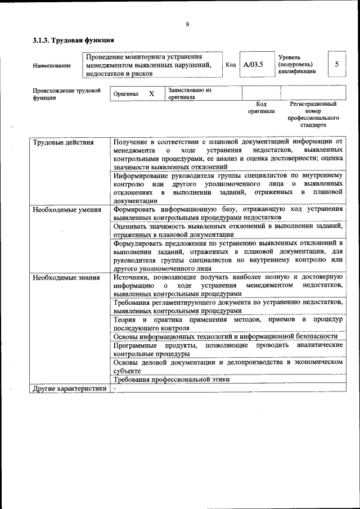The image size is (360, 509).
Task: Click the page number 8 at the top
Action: click(x=187, y=24)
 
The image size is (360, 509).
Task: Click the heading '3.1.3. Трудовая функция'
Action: click(x=73, y=40)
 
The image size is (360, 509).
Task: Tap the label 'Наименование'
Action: click(x=52, y=65)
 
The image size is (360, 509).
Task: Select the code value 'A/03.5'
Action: click(x=253, y=65)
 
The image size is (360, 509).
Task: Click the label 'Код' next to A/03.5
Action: click(x=231, y=65)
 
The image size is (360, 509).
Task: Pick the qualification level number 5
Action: click(x=336, y=64)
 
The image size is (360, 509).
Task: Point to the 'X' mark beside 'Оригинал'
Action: click(x=151, y=93)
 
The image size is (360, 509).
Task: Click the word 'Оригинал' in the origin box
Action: click(x=126, y=94)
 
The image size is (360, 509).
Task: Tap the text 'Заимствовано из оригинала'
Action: click(x=190, y=93)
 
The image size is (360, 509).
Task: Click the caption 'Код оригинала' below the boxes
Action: click(x=261, y=107)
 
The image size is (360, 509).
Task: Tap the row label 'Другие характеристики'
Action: click(x=69, y=388)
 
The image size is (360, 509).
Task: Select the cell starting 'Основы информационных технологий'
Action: click(x=225, y=336)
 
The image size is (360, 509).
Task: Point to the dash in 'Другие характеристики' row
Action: click(x=114, y=388)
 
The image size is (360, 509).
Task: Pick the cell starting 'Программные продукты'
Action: click(x=228, y=349)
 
